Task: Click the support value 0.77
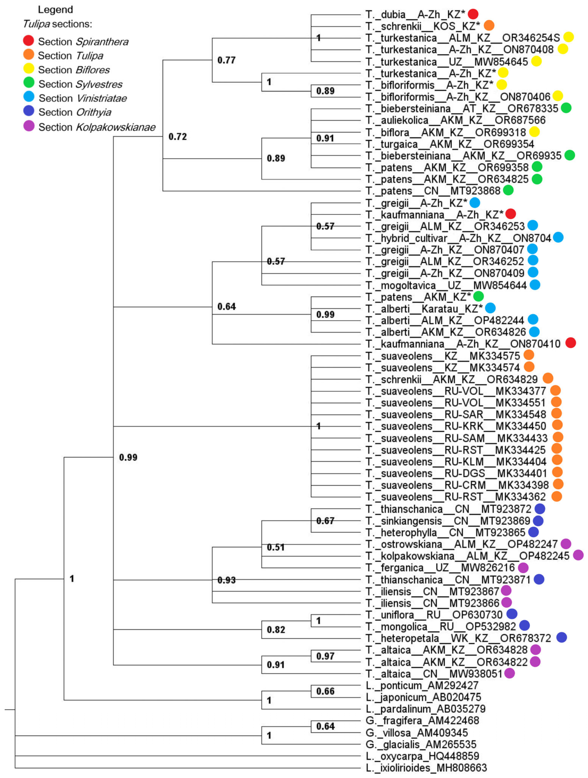tap(226, 60)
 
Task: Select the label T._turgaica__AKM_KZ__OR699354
tap(450, 144)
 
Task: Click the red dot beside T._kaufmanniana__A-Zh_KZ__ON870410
tap(570, 343)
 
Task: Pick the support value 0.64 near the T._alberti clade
tap(226, 306)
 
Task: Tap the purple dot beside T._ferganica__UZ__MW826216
tap(523, 567)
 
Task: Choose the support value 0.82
tap(276, 630)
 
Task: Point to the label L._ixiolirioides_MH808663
tap(426, 768)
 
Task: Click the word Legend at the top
tap(55, 9)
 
